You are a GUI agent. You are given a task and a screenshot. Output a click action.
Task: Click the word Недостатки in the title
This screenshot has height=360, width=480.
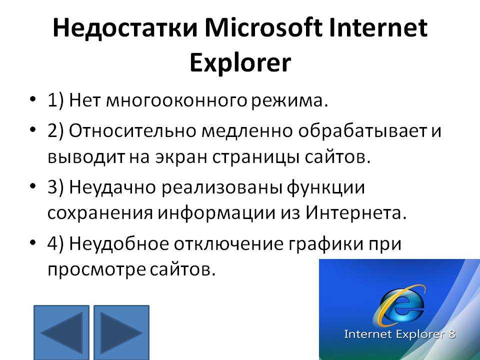click(125, 28)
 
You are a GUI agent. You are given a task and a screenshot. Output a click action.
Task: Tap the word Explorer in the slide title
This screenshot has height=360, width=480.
click(239, 63)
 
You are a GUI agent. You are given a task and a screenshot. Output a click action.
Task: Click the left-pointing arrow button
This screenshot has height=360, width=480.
click(61, 332)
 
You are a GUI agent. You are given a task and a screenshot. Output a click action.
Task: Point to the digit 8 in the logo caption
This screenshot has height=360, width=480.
click(451, 333)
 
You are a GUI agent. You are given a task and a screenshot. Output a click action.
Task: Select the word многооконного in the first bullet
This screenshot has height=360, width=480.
click(176, 100)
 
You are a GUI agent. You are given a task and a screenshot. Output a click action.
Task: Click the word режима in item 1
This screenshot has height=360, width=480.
click(287, 101)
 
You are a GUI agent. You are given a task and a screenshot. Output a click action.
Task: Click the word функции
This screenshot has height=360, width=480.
click(325, 188)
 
